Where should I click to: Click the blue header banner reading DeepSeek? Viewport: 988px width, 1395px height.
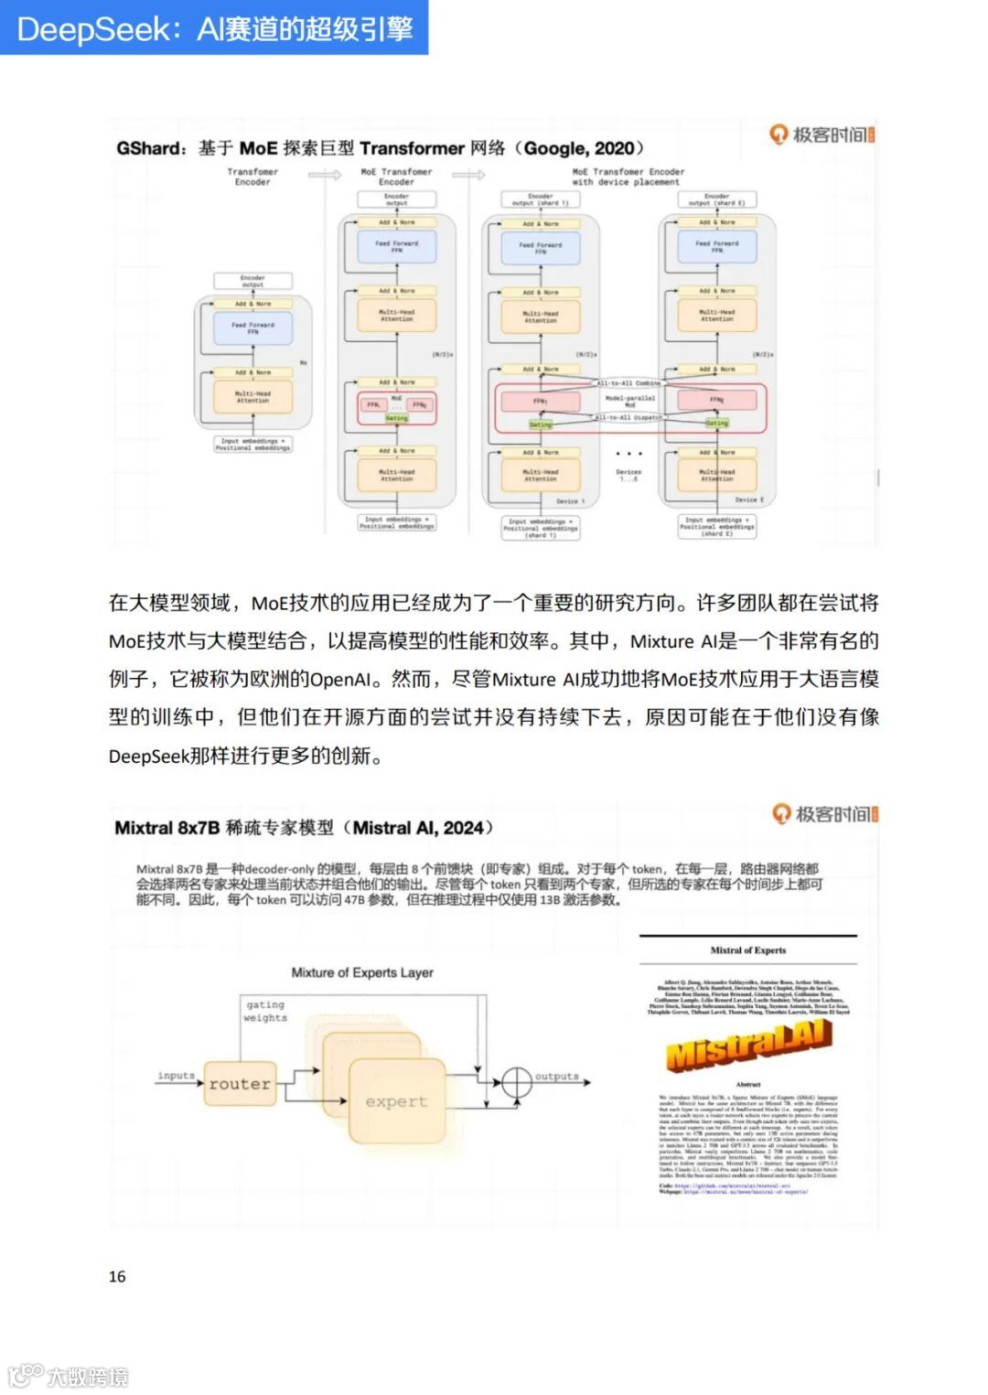click(x=214, y=27)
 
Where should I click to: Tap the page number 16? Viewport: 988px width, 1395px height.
click(x=117, y=1276)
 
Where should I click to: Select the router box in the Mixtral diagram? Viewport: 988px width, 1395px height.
click(x=240, y=1084)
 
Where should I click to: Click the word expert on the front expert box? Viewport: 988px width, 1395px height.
click(x=396, y=1101)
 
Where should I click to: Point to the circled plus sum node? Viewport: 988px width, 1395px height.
click(x=517, y=1082)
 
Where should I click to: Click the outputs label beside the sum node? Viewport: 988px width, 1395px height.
click(x=556, y=1076)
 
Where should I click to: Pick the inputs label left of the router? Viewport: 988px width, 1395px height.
click(x=176, y=1075)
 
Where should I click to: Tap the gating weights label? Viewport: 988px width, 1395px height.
click(x=265, y=1011)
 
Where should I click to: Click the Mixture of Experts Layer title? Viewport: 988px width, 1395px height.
click(x=362, y=972)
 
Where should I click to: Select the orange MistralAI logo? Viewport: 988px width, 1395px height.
click(x=749, y=1046)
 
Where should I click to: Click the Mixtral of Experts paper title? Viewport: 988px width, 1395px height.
click(x=748, y=950)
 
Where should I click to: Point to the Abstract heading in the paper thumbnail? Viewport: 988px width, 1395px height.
click(x=748, y=1084)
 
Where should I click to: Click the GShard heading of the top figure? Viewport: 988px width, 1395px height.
click(x=380, y=148)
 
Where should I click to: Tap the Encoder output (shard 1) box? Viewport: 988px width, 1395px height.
click(x=540, y=199)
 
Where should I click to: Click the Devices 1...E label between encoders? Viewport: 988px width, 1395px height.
click(x=628, y=475)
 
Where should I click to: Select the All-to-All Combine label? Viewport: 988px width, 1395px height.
click(x=628, y=383)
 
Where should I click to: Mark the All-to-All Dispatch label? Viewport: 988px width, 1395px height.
click(x=628, y=417)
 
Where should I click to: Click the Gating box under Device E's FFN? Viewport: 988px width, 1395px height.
click(x=716, y=423)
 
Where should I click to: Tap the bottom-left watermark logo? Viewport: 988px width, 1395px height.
click(x=69, y=1375)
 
